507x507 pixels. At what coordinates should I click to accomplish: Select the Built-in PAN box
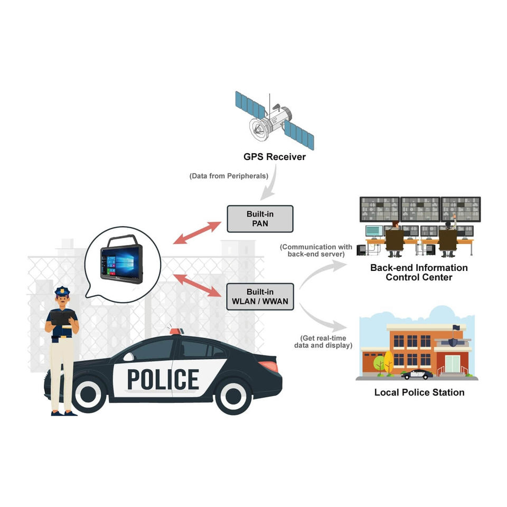[260, 219]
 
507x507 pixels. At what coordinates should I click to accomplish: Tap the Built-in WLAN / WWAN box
[260, 296]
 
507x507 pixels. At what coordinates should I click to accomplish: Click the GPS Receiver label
[274, 157]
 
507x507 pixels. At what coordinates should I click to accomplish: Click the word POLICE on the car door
[163, 379]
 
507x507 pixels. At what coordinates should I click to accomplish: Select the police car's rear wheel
[233, 396]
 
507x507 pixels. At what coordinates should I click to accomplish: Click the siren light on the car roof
[176, 331]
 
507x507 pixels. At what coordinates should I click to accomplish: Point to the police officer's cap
[62, 290]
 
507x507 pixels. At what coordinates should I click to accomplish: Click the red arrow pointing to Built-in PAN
[197, 232]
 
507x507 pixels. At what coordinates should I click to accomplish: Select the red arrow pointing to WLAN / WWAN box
[197, 285]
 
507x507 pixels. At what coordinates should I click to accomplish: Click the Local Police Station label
[419, 392]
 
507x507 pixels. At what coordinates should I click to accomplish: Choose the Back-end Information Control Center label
[419, 273]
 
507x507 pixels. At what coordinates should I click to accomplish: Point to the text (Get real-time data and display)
[323, 342]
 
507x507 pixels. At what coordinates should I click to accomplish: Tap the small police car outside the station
[418, 374]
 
